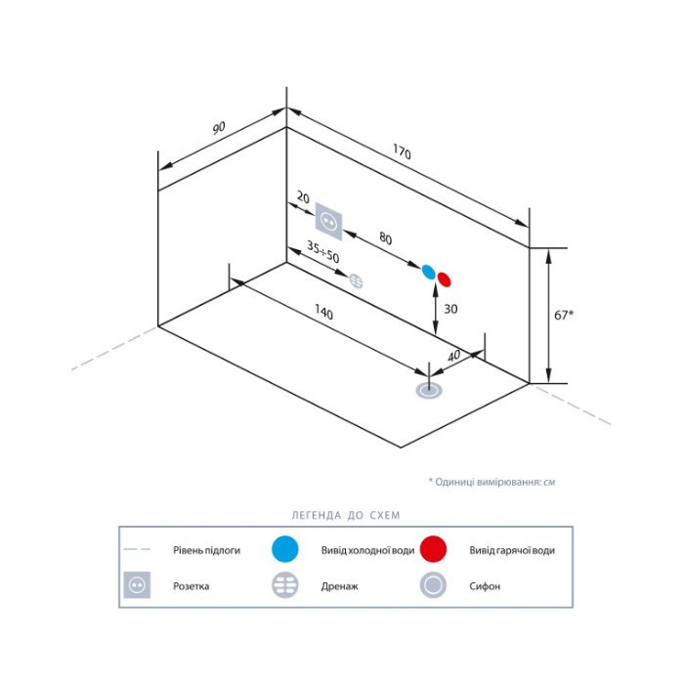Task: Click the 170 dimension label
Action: (402, 152)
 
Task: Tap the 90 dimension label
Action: (219, 127)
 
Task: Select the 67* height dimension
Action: (564, 315)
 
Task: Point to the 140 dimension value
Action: (323, 312)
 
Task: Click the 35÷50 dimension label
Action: (322, 252)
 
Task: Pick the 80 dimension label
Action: (386, 238)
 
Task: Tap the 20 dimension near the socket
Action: (303, 197)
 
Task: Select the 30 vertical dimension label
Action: (450, 309)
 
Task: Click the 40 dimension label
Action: (453, 356)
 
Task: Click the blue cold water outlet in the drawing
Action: (428, 272)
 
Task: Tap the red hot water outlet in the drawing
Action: (444, 279)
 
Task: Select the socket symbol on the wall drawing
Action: (329, 222)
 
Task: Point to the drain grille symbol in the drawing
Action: (357, 281)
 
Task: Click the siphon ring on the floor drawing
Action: (429, 391)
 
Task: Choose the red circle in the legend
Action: (433, 549)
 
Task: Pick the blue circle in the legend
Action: (285, 549)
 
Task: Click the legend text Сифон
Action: (485, 586)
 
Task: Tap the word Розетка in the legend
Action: (192, 586)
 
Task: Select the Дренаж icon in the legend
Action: (285, 585)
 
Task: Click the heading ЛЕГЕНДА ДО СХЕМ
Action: (346, 515)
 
